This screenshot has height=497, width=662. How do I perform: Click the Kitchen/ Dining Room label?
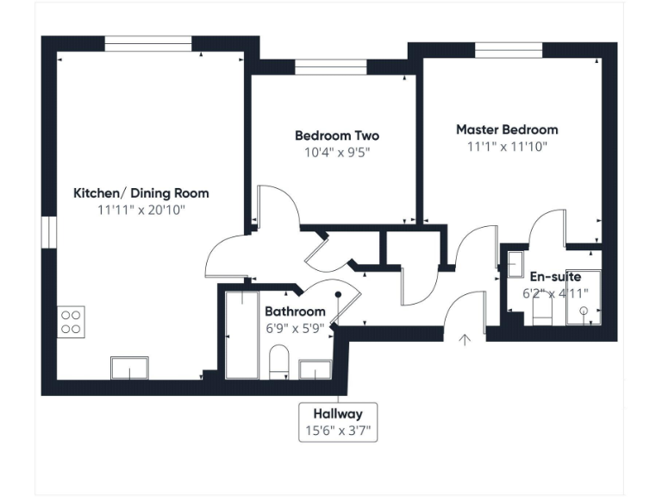tap(141, 192)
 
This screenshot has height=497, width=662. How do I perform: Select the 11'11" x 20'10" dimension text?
tap(141, 210)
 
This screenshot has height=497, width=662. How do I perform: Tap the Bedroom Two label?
tap(336, 135)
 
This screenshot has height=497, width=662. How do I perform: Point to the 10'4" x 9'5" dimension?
tap(336, 153)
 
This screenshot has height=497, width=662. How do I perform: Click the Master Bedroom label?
tap(507, 129)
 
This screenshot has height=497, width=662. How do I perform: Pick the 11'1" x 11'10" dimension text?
tap(507, 147)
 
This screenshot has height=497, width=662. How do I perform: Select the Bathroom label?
tap(295, 311)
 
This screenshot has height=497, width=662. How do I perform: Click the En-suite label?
tap(554, 276)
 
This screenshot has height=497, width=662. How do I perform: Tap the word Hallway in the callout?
tap(338, 414)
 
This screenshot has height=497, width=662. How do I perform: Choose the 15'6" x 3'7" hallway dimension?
tap(338, 431)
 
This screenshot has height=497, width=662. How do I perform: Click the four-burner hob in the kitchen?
tap(71, 322)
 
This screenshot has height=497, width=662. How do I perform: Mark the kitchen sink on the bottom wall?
tap(130, 368)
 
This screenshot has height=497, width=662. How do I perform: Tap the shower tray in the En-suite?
tap(584, 299)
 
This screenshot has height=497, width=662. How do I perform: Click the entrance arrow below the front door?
tap(465, 340)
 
